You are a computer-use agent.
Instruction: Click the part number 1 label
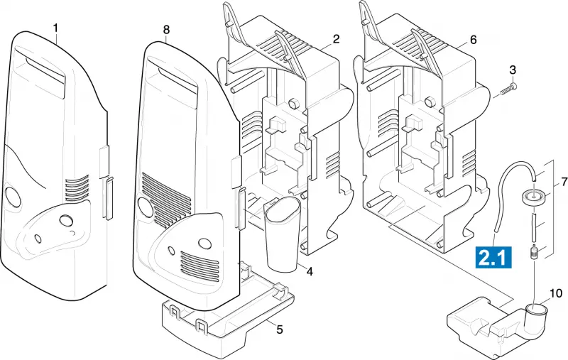55,28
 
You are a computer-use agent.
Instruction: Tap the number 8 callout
166,30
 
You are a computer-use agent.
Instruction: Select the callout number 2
336,39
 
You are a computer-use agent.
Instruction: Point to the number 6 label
473,40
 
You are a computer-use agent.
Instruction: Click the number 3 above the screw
513,70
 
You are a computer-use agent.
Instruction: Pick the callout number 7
564,182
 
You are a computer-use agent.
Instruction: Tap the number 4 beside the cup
310,271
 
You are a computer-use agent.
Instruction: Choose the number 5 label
279,329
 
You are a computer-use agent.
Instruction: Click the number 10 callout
556,293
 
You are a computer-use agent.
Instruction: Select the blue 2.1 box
493,257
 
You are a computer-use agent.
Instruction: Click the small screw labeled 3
508,89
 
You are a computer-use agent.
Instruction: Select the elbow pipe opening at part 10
537,310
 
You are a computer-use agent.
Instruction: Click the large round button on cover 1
13,197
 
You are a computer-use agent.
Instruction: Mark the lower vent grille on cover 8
200,267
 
